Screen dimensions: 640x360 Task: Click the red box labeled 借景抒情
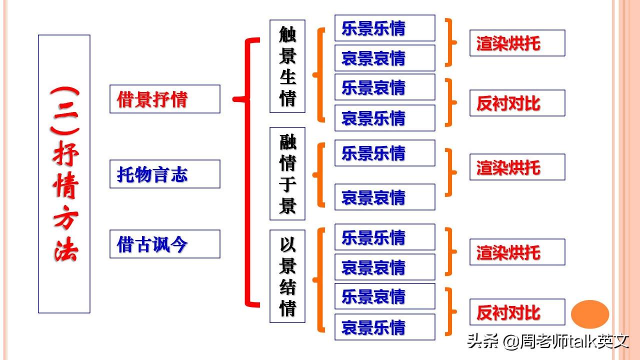tap(165, 99)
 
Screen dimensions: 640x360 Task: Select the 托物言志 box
tap(165, 174)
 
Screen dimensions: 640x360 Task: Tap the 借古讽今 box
tap(165, 244)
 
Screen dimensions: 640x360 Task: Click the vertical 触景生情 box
tap(287, 66)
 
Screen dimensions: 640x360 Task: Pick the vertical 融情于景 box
tap(287, 173)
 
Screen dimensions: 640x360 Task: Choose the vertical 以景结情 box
tap(287, 276)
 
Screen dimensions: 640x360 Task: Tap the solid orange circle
tap(589, 314)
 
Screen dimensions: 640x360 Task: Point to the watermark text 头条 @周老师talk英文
tap(548, 341)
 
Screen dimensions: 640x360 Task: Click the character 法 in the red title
tap(65, 250)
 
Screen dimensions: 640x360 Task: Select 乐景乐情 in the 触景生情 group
tap(385, 28)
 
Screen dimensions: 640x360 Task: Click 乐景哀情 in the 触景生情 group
tap(385, 87)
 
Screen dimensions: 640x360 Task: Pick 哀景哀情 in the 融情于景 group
tap(385, 197)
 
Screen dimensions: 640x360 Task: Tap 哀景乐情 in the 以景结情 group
tap(385, 327)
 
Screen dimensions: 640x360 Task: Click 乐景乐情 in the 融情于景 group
tap(385, 153)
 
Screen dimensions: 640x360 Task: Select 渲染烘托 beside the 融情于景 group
tap(517, 167)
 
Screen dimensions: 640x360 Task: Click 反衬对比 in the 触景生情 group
tap(517, 103)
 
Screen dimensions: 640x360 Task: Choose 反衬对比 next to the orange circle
tap(517, 312)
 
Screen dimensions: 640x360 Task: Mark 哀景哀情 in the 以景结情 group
tap(385, 267)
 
